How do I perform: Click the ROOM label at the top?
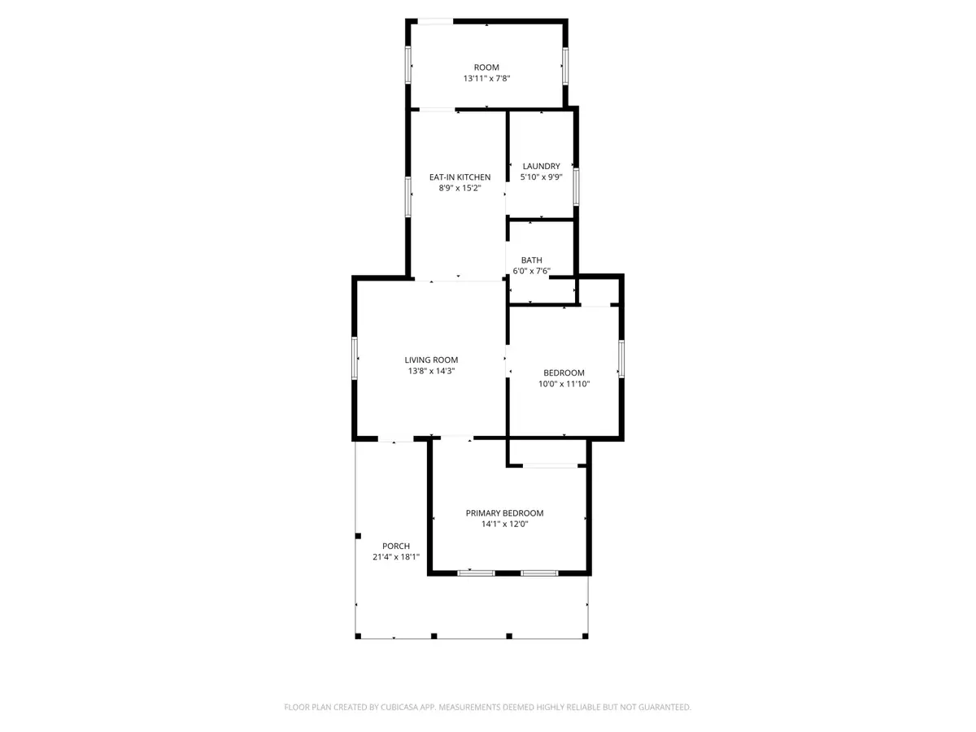[486, 68]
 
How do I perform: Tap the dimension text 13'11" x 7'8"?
[486, 79]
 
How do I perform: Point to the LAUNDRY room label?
[541, 167]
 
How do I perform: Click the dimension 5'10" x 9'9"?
[541, 177]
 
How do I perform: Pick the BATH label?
[532, 260]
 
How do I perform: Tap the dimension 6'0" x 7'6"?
[532, 272]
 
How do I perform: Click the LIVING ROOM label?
[431, 359]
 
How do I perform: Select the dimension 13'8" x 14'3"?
[431, 371]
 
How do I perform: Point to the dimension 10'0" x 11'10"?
[564, 384]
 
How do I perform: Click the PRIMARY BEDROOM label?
[504, 513]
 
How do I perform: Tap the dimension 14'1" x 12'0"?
[504, 525]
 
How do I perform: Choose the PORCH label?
[396, 546]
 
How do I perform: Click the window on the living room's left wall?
[355, 358]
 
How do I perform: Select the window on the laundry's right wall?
[575, 185]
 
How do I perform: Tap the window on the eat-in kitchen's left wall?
[408, 195]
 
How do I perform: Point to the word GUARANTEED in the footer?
[658, 708]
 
